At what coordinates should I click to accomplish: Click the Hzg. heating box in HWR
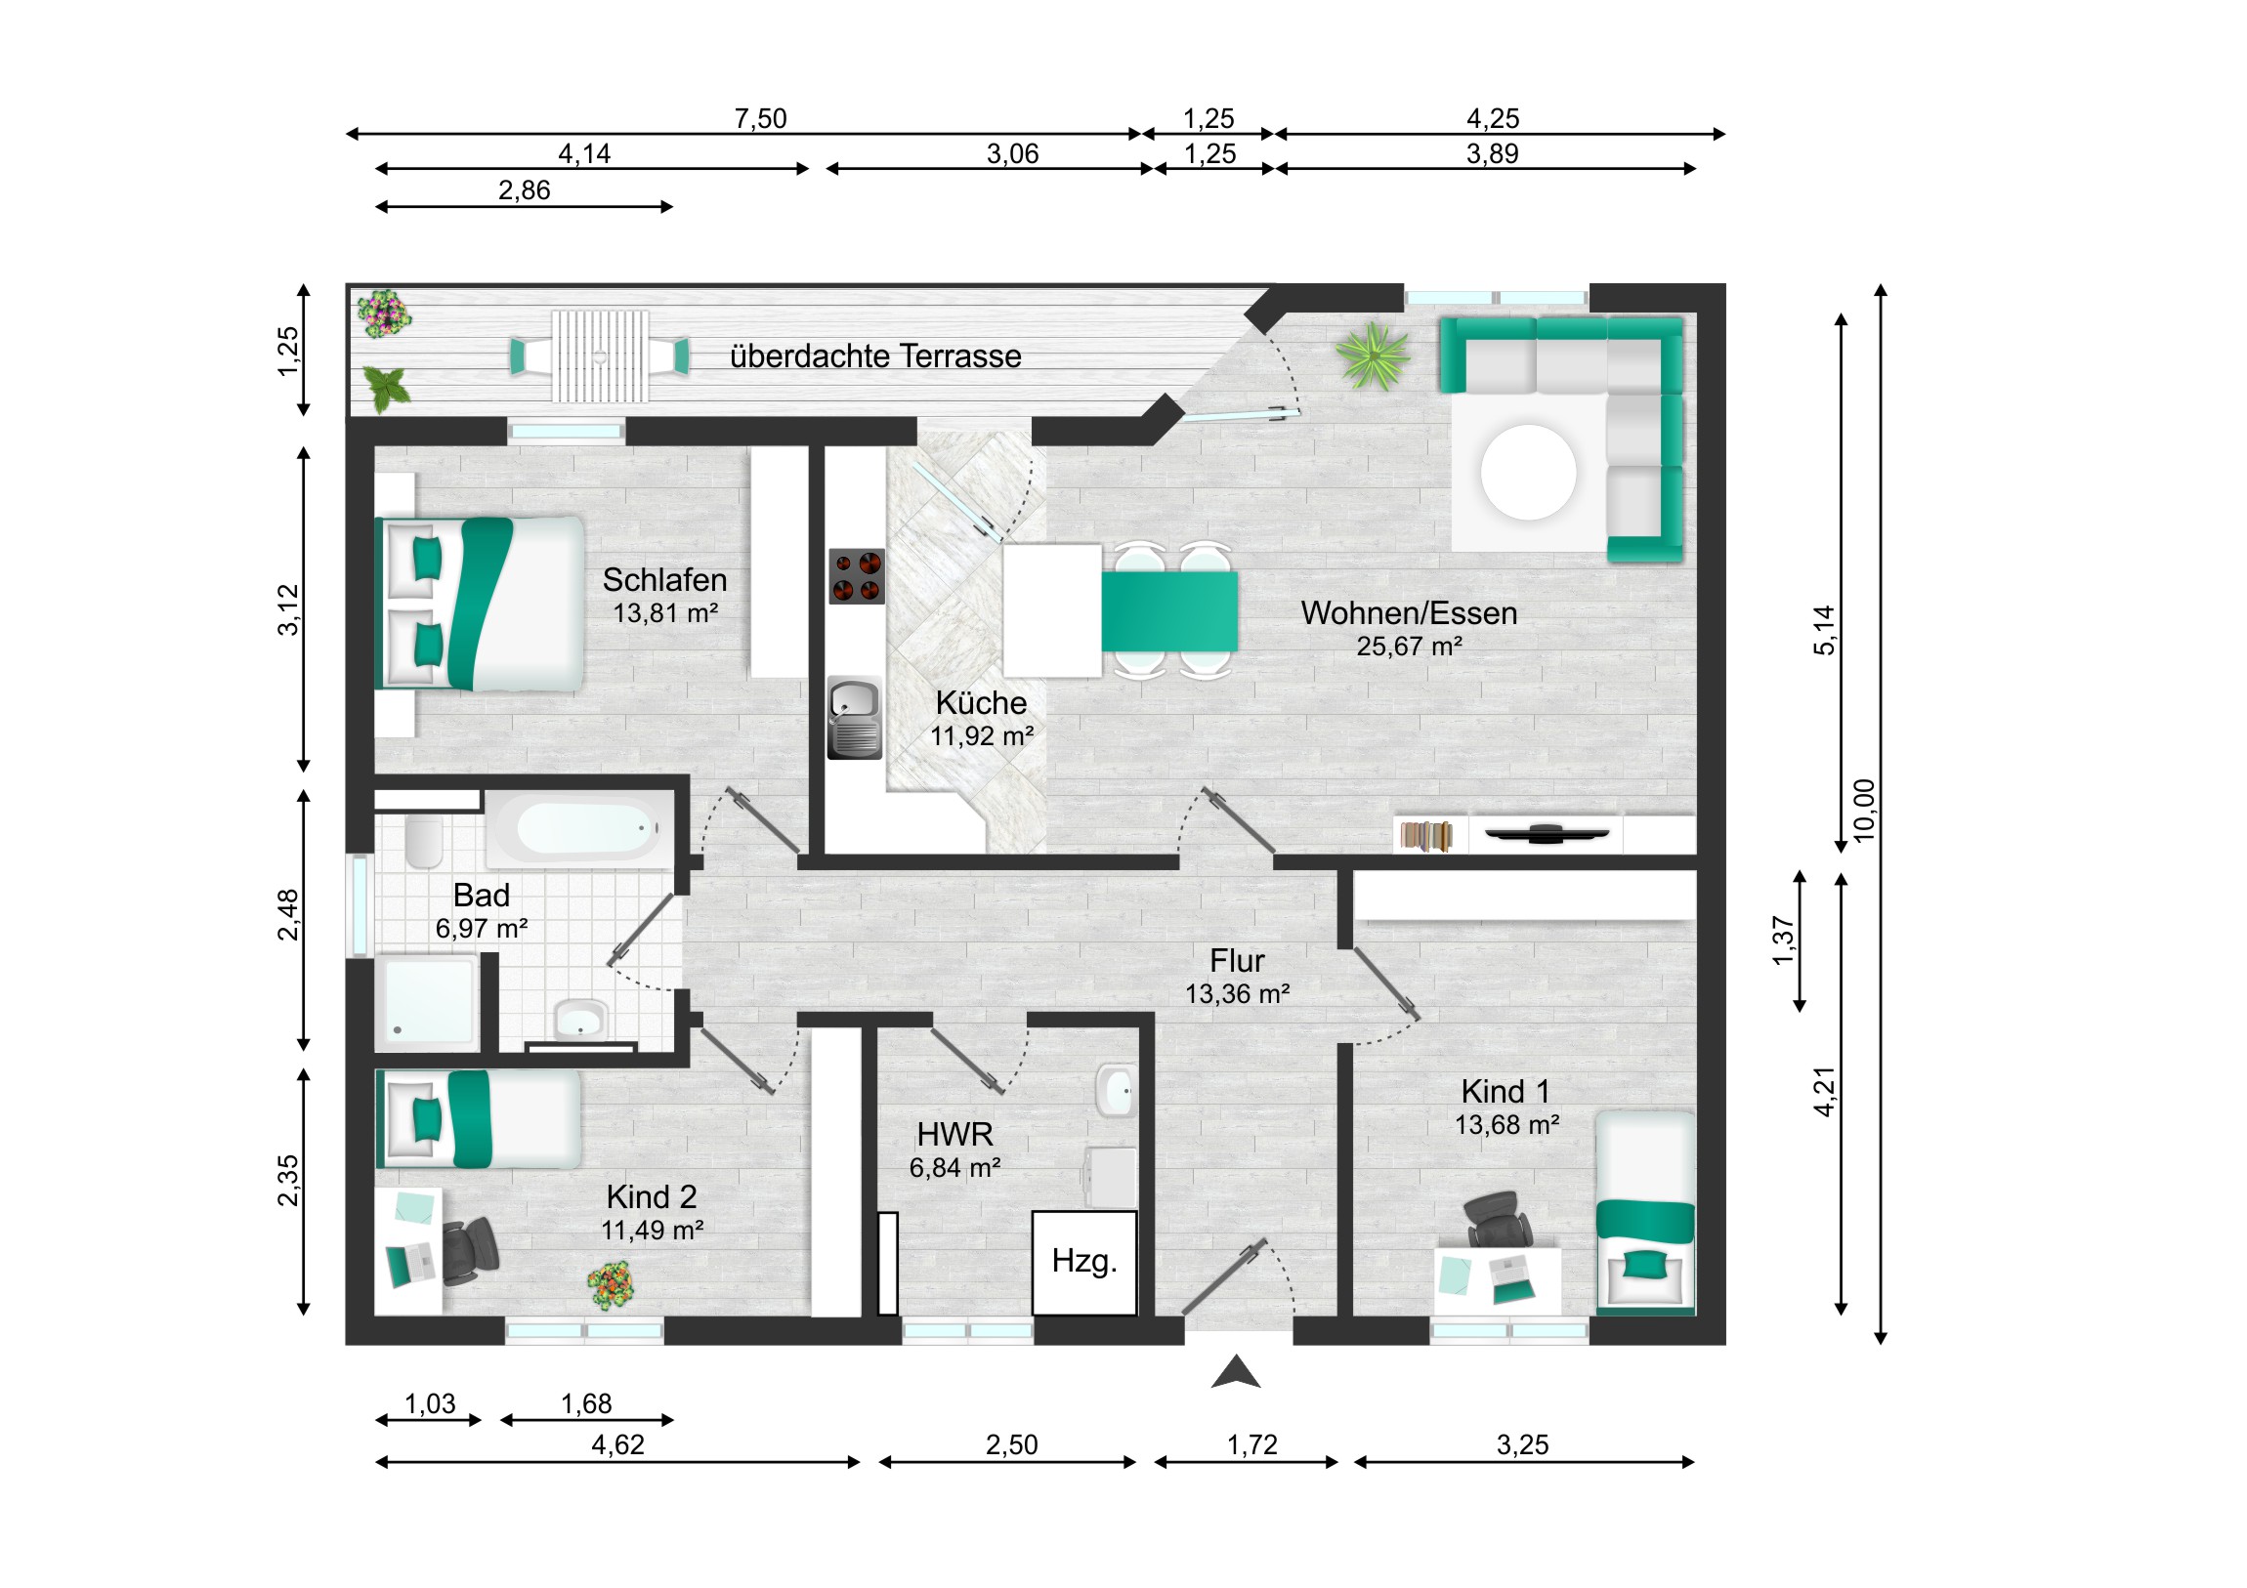point(1084,1263)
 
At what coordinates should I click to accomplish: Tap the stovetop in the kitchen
point(857,575)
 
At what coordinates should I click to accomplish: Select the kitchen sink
point(855,718)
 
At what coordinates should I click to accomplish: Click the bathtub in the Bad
point(581,829)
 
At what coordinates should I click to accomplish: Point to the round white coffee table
point(1528,472)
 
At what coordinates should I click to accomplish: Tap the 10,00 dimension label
point(1864,811)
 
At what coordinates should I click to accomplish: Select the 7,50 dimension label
point(760,118)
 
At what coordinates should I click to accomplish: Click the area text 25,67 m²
point(1410,647)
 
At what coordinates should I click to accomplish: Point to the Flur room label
point(1237,960)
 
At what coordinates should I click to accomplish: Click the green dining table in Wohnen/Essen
point(1169,611)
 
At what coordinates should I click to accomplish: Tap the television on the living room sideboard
point(1547,834)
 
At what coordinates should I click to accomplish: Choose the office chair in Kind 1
point(1498,1219)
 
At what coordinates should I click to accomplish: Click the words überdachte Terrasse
point(876,356)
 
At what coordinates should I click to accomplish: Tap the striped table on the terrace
point(600,356)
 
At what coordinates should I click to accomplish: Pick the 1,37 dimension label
point(1783,941)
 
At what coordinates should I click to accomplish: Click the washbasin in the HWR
point(1116,1090)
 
